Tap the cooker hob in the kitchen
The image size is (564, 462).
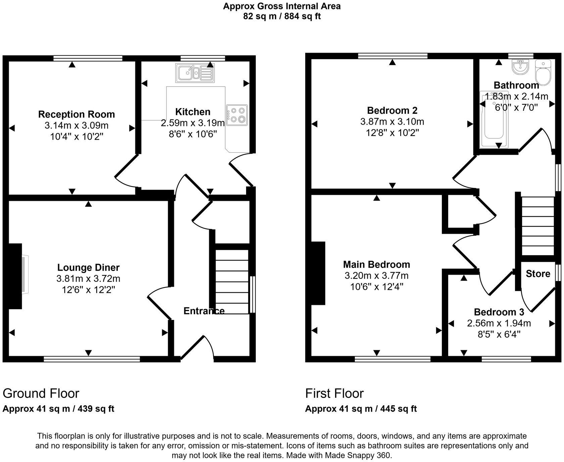(237, 115)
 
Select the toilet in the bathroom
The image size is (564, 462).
(543, 72)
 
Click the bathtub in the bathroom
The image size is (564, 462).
(493, 120)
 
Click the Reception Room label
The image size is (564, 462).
(77, 114)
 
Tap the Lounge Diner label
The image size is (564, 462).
(88, 268)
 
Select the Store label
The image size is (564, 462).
(538, 274)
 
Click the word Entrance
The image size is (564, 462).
(204, 311)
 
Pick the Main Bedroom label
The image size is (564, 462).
(376, 265)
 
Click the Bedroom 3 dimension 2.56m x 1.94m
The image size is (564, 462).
(499, 323)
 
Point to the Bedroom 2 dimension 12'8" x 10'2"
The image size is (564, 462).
(392, 133)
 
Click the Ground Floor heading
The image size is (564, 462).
(41, 393)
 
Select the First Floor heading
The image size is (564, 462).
(334, 393)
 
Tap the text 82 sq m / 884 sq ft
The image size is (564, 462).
(282, 16)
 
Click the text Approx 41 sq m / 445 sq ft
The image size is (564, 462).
(361, 409)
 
